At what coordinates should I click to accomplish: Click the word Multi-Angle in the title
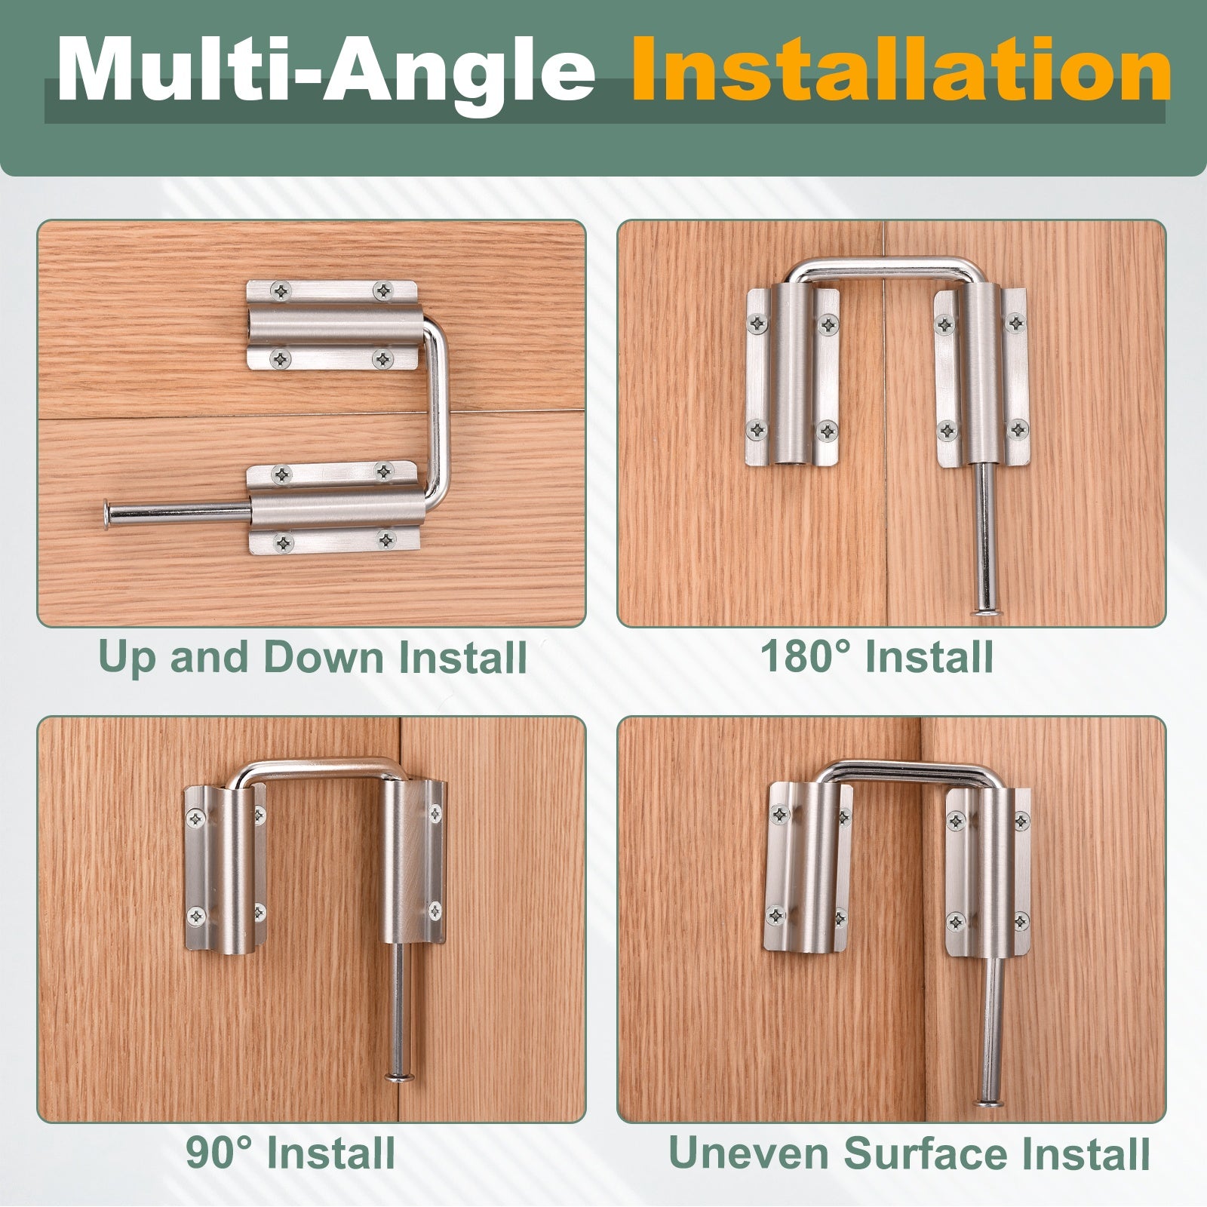(x=326, y=71)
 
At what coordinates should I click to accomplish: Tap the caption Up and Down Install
(x=312, y=657)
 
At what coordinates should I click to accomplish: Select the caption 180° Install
(x=877, y=656)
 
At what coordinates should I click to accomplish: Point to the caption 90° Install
(x=290, y=1153)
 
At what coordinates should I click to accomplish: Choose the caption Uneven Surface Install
(x=909, y=1153)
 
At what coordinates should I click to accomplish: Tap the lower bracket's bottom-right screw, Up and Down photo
(x=386, y=539)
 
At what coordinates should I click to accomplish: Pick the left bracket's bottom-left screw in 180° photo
(x=756, y=430)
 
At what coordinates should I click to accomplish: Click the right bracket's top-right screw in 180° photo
(x=1017, y=324)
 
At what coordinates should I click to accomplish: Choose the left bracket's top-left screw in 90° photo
(x=198, y=817)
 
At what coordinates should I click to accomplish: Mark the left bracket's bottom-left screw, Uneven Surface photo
(x=777, y=915)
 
